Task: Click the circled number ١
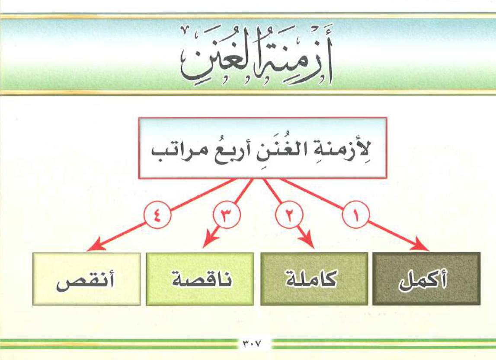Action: click(x=356, y=215)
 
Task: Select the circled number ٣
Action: click(x=225, y=215)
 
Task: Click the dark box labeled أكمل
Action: click(x=426, y=279)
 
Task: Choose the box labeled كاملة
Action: click(x=314, y=279)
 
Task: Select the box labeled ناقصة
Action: click(x=200, y=279)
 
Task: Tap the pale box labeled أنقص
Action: click(x=86, y=279)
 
